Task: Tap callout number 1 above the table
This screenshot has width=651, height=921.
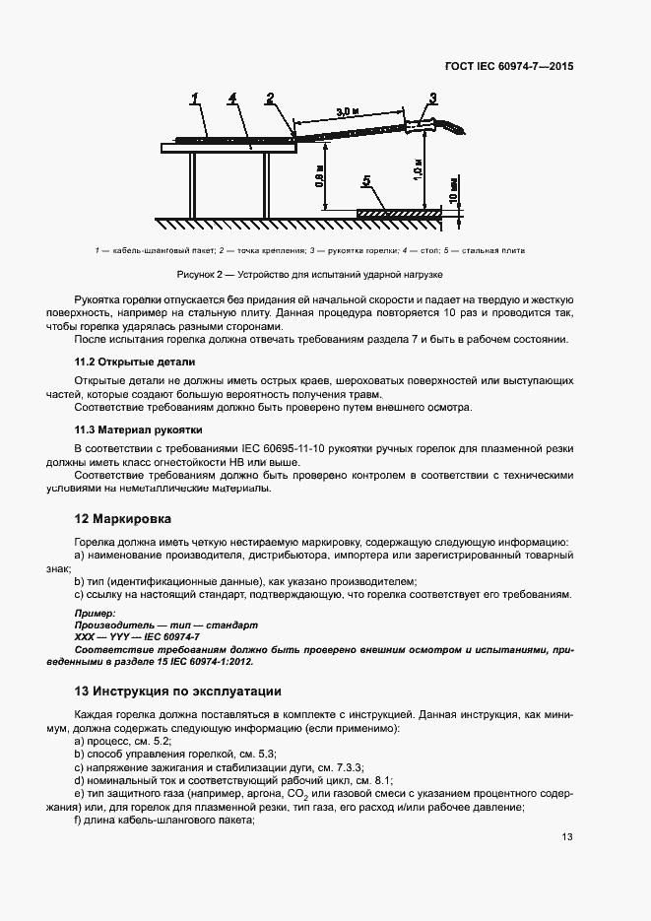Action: click(196, 98)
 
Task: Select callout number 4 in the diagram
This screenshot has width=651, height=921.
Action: click(231, 98)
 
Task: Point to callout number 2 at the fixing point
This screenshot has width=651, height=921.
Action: click(269, 98)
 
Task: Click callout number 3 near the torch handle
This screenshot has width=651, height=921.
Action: click(432, 97)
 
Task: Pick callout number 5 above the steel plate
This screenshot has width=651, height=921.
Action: click(366, 181)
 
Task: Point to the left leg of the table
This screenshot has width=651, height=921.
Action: click(193, 184)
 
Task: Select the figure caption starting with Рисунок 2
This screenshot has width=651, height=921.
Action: click(309, 273)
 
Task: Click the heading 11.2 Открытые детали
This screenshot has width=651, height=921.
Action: click(135, 362)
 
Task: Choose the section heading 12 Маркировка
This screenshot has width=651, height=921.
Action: click(123, 517)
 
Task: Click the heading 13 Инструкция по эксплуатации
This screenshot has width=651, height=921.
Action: click(178, 691)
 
